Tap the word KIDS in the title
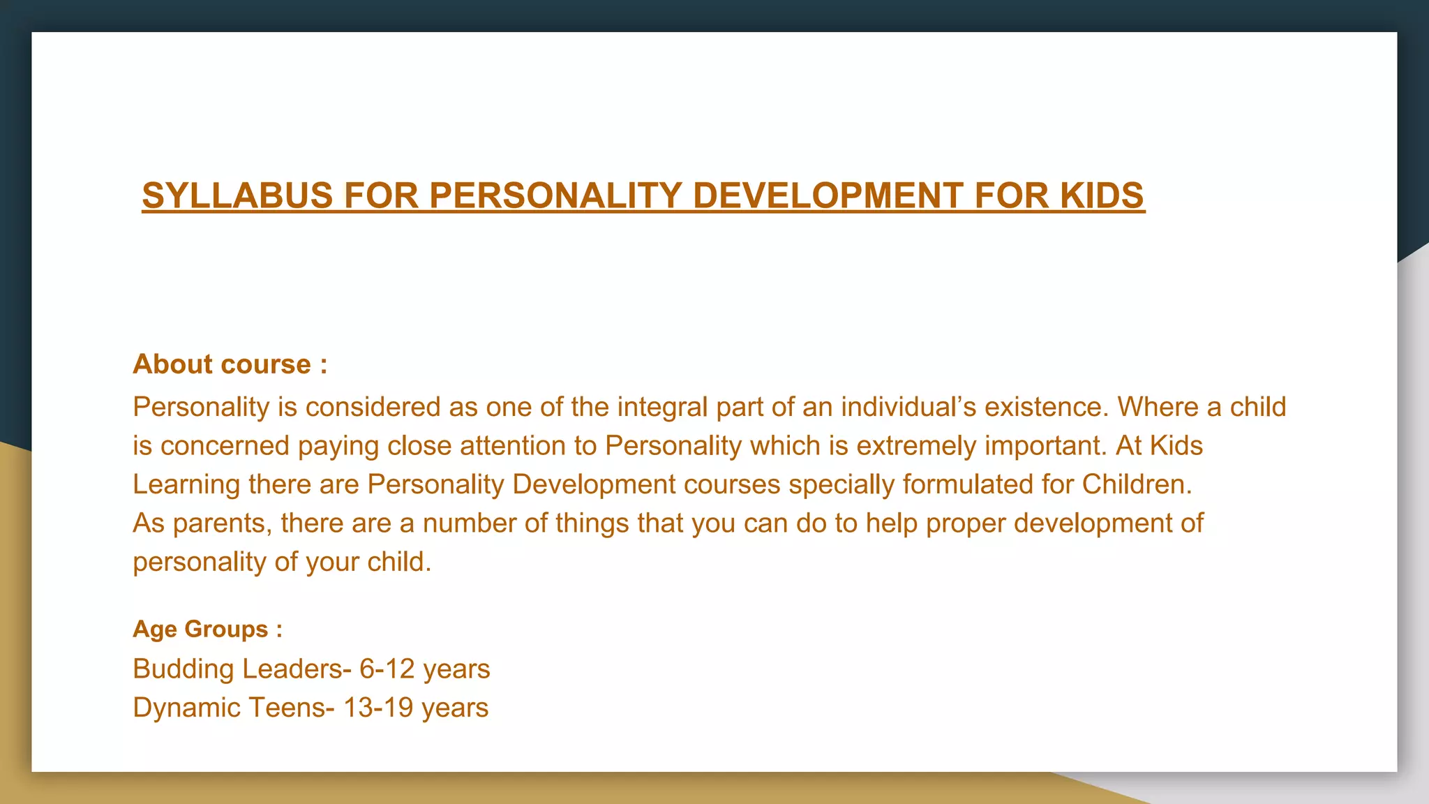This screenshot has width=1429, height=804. click(1102, 195)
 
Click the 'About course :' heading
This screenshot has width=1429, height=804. click(230, 364)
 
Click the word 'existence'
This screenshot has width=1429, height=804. click(1045, 407)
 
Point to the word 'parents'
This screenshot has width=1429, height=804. click(223, 523)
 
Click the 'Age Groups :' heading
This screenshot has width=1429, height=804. click(208, 629)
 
